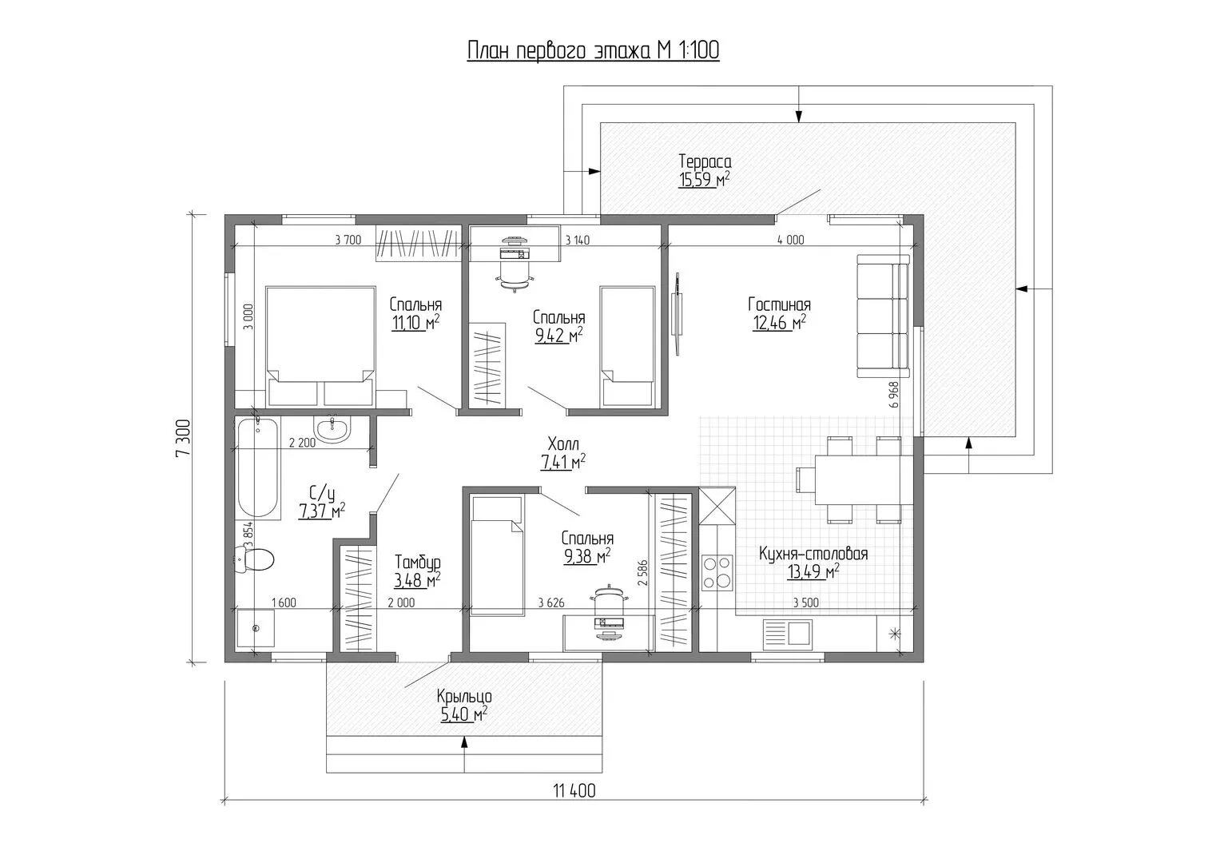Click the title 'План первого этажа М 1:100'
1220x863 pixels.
point(593,50)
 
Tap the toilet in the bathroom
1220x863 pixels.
point(254,559)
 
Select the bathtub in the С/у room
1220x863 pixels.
point(259,467)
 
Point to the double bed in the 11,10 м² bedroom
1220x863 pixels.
point(320,346)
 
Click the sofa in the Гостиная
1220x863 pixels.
point(883,316)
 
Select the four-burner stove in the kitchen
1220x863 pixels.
point(716,572)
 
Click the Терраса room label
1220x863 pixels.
point(705,161)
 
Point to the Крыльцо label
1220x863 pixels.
point(464,696)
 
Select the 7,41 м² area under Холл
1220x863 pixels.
point(562,462)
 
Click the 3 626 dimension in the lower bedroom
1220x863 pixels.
point(551,603)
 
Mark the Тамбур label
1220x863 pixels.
point(418,562)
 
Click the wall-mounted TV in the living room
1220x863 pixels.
point(677,314)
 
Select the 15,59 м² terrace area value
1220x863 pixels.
point(704,179)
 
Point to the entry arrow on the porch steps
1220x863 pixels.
point(464,754)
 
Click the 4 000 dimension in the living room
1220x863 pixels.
point(790,240)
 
